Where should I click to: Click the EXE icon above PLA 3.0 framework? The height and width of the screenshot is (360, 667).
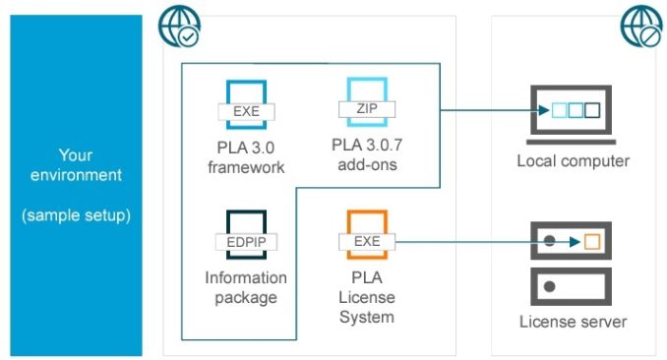246,104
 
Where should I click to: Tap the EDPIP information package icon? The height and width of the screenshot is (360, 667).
246,235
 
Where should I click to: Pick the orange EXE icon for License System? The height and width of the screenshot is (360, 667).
366,235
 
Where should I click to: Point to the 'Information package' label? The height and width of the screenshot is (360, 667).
246,287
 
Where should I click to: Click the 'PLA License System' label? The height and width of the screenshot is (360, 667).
366,297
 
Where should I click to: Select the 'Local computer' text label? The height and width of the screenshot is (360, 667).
574,160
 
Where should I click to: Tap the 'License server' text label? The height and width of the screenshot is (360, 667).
574,322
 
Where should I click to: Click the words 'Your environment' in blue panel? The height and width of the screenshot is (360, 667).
76,165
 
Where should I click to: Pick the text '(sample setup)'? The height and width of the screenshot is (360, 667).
76,214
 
